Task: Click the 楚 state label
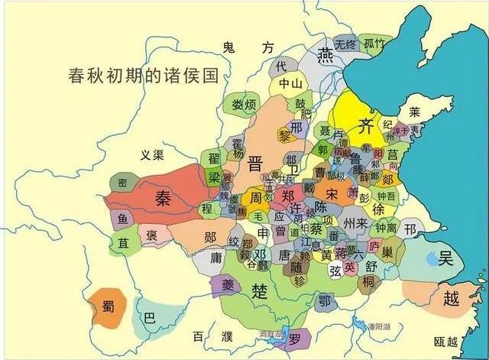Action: [x=260, y=290]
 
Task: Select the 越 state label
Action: [x=452, y=299]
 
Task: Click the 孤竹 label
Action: [x=375, y=43]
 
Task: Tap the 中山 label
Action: [x=290, y=83]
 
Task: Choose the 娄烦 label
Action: [x=244, y=105]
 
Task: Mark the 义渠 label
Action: [x=153, y=155]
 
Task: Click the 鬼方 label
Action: [x=247, y=48]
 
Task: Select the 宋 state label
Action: [x=331, y=193]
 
